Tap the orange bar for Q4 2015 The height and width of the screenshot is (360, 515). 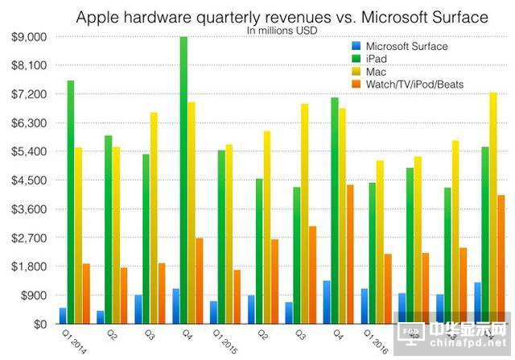350,254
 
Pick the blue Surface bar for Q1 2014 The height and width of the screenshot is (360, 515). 63,315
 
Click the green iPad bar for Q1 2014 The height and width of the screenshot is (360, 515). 71,201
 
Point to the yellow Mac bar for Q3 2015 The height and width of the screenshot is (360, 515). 304,213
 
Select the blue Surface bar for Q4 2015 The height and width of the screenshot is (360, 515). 327,301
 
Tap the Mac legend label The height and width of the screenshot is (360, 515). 377,72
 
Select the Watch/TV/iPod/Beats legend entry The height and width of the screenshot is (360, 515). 414,84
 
